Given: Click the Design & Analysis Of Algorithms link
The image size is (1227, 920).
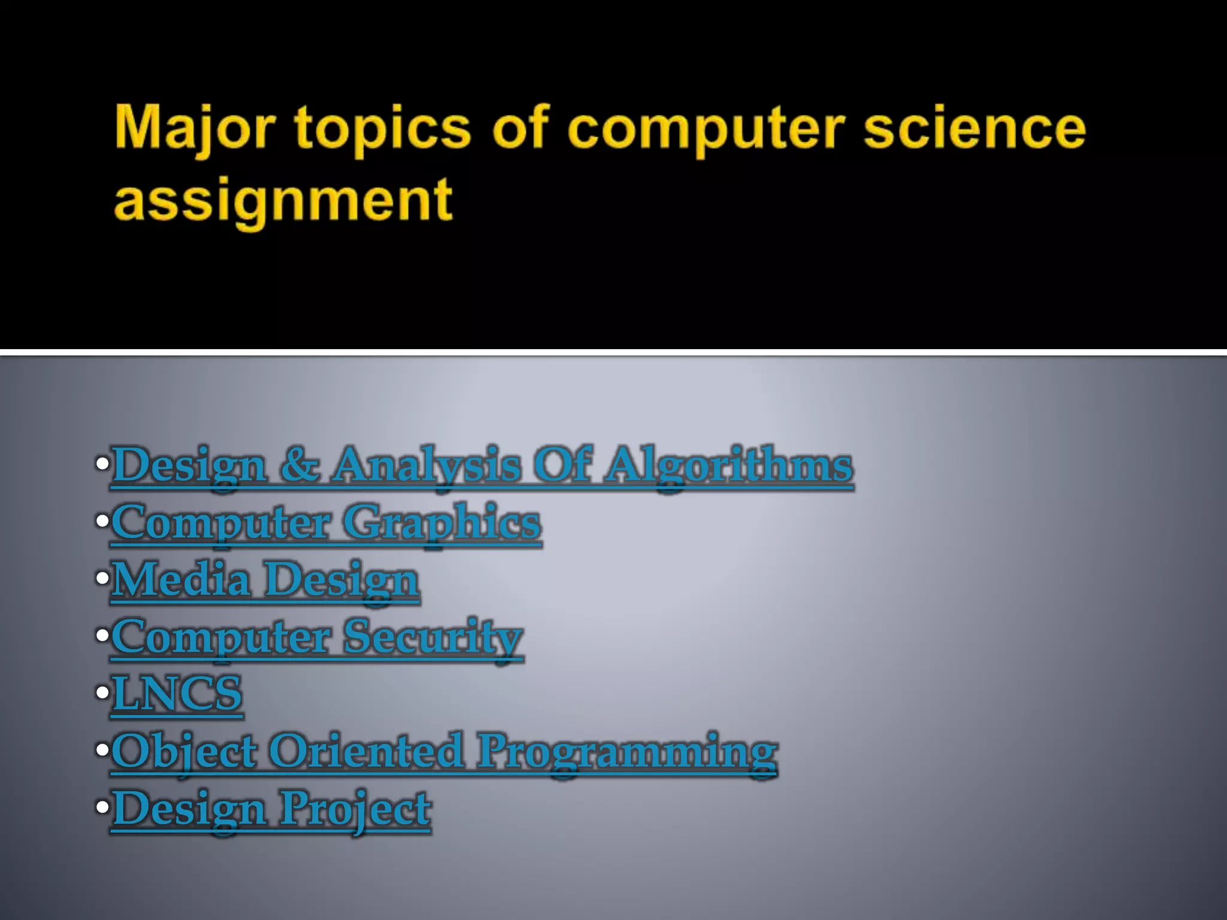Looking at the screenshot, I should (x=482, y=466).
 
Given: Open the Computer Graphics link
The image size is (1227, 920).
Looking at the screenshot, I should (x=327, y=523).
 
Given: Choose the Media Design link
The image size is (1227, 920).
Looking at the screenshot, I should (x=265, y=580).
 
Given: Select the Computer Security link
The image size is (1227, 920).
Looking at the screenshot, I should (x=317, y=637).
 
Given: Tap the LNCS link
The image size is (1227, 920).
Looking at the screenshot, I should (x=177, y=694).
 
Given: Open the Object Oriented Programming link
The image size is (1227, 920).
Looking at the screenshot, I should (x=444, y=751).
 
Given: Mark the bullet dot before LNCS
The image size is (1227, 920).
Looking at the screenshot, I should (x=102, y=694).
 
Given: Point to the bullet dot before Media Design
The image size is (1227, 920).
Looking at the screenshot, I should (x=102, y=579).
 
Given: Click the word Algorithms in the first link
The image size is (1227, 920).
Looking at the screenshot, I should (x=728, y=466).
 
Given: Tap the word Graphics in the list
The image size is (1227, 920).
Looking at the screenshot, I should (x=442, y=523).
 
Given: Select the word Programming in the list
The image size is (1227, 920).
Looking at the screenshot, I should (x=627, y=751).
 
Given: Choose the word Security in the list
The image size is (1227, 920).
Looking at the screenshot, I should (x=433, y=637).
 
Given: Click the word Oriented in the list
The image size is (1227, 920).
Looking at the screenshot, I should (x=366, y=751).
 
